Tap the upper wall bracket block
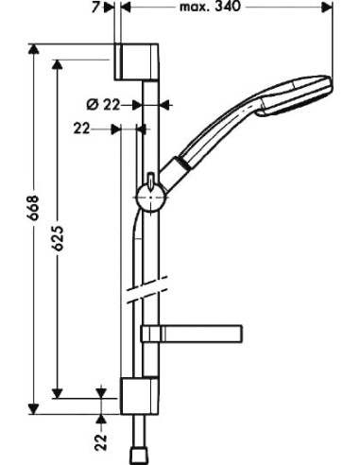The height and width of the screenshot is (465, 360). tap(130, 62)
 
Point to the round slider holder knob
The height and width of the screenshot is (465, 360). tap(148, 197)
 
